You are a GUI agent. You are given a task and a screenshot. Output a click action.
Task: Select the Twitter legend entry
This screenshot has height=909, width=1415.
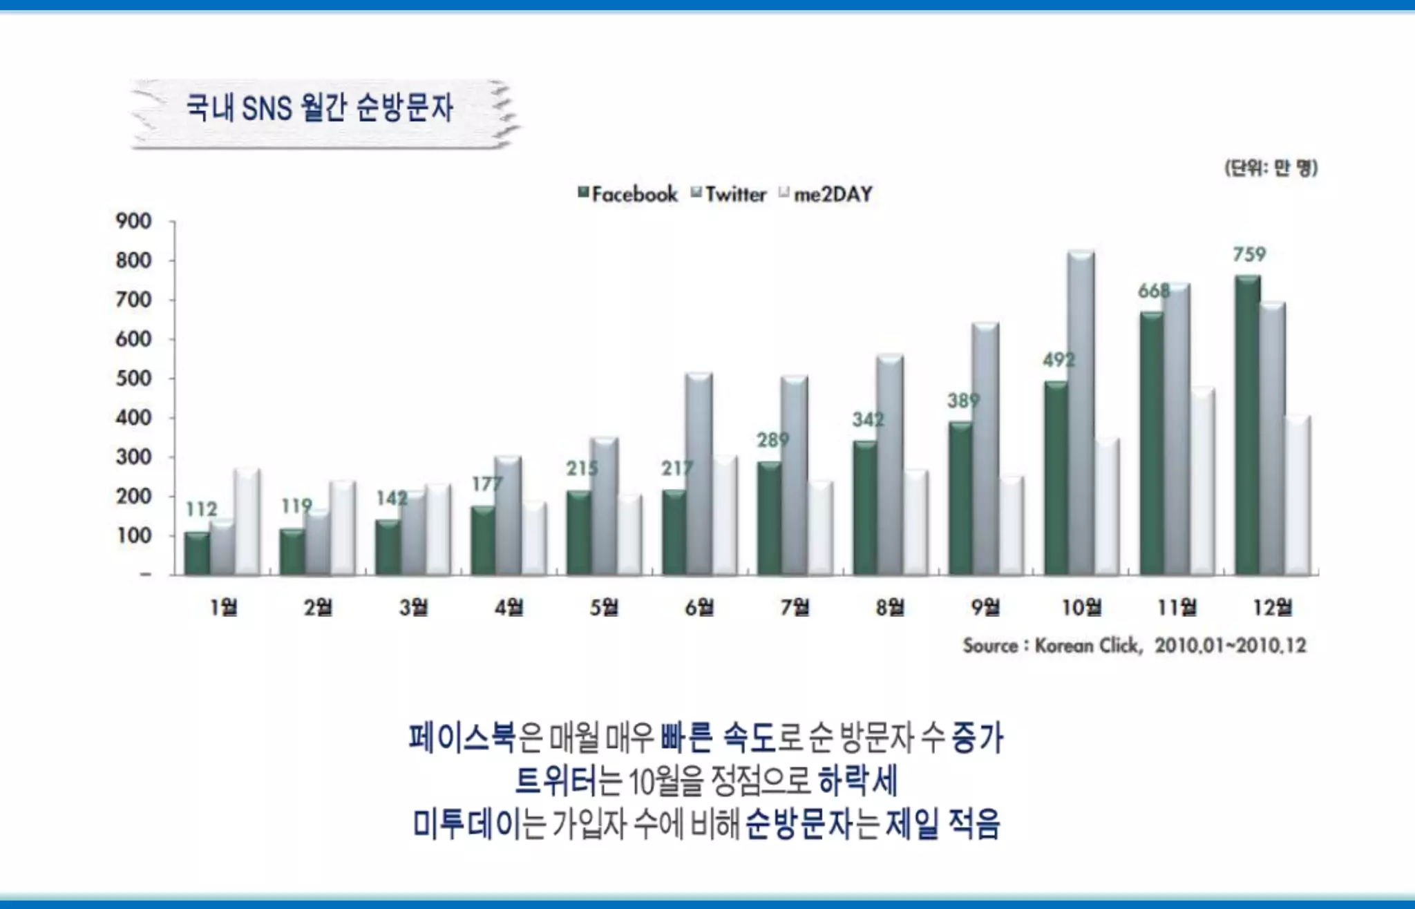tap(730, 194)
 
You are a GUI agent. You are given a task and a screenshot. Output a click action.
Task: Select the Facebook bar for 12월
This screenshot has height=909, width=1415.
tap(1248, 425)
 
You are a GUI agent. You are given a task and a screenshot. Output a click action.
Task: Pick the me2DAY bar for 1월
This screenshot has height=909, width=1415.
tap(247, 522)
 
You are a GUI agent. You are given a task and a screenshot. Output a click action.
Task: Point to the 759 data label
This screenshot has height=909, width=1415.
tap(1249, 254)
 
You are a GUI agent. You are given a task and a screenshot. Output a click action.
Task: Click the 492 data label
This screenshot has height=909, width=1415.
tap(1058, 360)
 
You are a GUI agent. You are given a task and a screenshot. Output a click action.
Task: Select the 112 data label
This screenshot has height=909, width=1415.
tap(202, 509)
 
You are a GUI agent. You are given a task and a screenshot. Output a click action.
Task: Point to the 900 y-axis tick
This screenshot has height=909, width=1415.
tap(133, 221)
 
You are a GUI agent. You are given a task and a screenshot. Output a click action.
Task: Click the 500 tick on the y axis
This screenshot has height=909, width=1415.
tap(133, 379)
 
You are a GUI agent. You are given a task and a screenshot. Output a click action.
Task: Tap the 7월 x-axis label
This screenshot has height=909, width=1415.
tap(795, 607)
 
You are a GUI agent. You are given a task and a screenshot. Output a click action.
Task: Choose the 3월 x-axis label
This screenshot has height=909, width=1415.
tap(413, 607)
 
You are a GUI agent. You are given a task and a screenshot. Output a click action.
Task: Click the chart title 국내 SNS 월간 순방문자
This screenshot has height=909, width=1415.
tap(319, 108)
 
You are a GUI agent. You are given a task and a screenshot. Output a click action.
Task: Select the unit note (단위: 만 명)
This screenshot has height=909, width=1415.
tap(1271, 168)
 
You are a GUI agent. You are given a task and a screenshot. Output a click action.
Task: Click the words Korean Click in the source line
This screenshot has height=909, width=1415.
tap(1086, 646)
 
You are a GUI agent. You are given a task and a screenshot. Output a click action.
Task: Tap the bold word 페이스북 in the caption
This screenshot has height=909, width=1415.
tap(462, 738)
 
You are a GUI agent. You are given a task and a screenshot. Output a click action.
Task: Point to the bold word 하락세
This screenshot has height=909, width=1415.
tap(857, 781)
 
